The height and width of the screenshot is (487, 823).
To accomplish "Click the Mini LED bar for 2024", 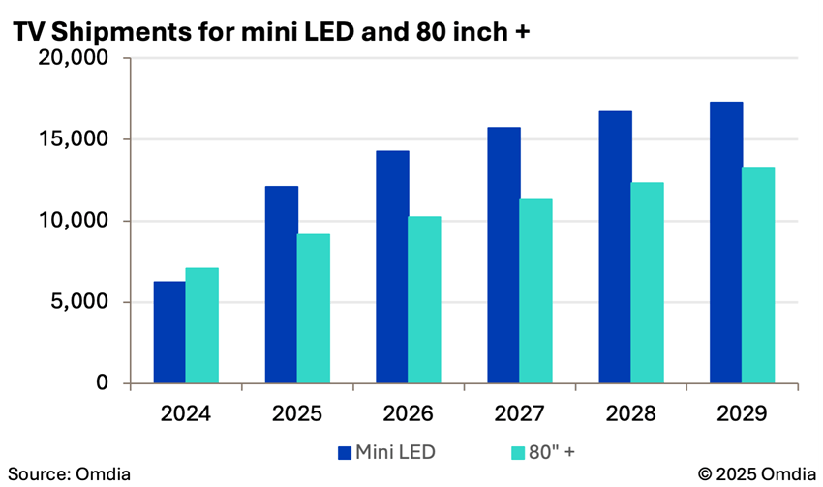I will pos(169,332).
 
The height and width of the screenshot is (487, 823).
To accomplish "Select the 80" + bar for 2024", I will pos(202,325).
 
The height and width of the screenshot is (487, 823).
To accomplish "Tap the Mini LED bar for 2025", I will pos(282,285).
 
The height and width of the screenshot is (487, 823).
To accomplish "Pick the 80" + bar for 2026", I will pos(424,299).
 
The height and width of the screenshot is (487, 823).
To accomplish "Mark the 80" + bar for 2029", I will pos(758,276).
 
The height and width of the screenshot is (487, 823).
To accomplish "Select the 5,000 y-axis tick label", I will pos(81,302).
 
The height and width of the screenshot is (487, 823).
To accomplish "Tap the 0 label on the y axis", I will pos(101,383).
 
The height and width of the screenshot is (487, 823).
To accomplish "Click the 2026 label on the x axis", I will pos(408,413).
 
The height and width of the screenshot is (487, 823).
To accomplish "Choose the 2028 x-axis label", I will pos(630,413).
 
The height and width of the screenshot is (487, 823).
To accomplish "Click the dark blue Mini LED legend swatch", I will pos(345,451).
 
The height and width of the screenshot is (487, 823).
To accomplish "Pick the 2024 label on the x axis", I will pos(185,413).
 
